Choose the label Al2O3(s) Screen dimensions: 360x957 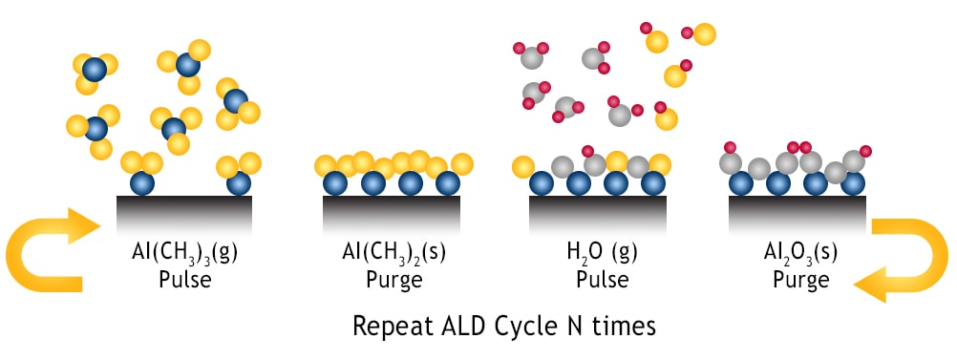coord(796,257)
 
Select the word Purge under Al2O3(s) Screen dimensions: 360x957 coord(797,282)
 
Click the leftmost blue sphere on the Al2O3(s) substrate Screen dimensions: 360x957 coord(740,183)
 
